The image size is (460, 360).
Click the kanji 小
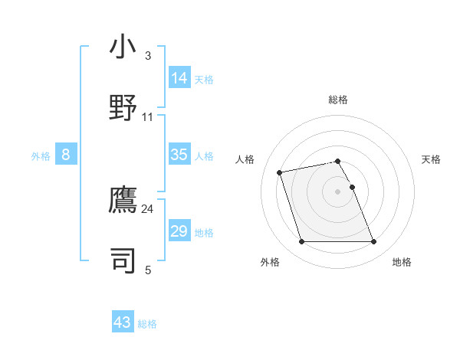[x=122, y=47]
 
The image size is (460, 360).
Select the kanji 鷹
[x=122, y=200]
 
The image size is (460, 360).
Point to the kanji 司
[x=122, y=260]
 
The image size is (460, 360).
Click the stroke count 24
[x=148, y=208]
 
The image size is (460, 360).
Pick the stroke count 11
[x=148, y=116]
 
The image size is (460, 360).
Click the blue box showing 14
[x=179, y=78]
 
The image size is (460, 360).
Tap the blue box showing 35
[x=179, y=155]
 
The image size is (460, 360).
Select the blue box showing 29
[x=179, y=231]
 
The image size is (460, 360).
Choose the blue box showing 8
[x=66, y=155]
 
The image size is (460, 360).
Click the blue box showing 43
[x=123, y=322]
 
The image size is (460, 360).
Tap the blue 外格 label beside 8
[x=41, y=156]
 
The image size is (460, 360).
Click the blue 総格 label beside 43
[x=147, y=324]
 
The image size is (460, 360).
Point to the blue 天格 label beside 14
[x=204, y=80]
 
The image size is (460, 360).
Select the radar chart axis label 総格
[x=338, y=100]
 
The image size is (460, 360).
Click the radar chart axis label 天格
[x=432, y=159]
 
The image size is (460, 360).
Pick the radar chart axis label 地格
[x=402, y=263]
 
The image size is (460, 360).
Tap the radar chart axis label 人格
[x=245, y=159]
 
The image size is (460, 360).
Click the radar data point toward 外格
[x=301, y=242]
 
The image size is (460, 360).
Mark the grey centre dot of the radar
[x=338, y=191]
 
